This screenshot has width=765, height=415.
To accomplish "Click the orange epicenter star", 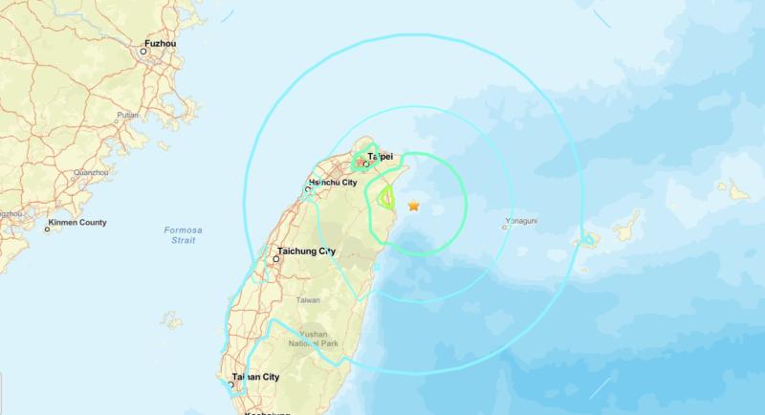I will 414,206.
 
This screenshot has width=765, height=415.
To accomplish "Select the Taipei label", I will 381,154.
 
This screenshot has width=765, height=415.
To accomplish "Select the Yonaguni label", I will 520,227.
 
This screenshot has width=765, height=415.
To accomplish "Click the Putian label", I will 127,116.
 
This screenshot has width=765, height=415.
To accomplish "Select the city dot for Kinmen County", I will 47,229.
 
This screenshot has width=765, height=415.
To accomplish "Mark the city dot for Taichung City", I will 277,259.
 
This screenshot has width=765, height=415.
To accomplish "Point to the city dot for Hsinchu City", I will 307,189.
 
